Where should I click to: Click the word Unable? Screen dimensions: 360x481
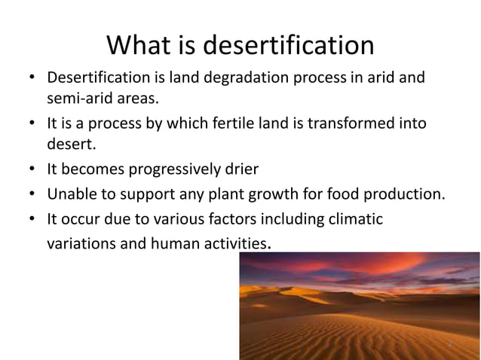pyautogui.click(x=71, y=196)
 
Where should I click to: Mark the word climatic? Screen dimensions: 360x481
pyautogui.click(x=356, y=220)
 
